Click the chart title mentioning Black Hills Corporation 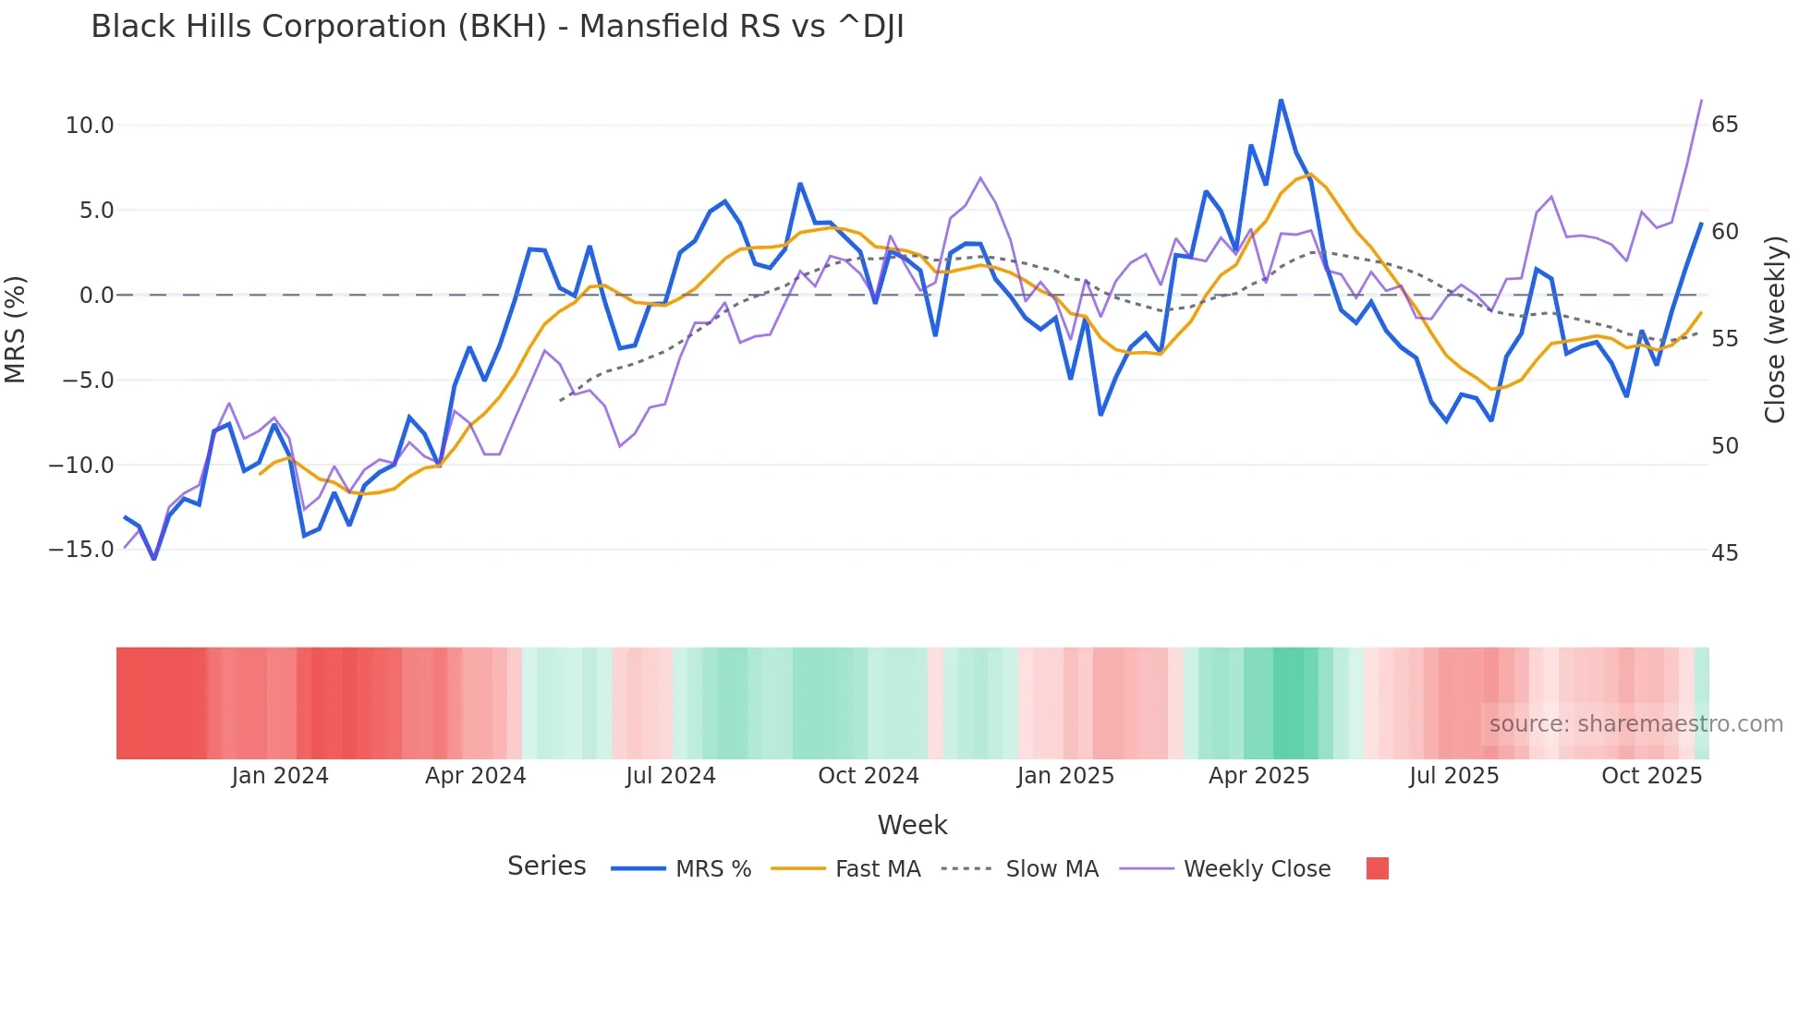[x=497, y=27]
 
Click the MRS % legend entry [x=712, y=869]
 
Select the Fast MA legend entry [x=877, y=869]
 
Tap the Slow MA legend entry [x=1051, y=869]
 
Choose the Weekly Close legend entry [x=1257, y=869]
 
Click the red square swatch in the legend [x=1377, y=868]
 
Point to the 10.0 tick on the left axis [x=90, y=126]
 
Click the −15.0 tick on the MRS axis [x=81, y=550]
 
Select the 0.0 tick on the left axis [x=96, y=296]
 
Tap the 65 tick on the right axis [x=1724, y=125]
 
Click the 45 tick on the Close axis [x=1724, y=553]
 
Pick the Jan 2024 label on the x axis [x=280, y=776]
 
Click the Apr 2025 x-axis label [x=1258, y=776]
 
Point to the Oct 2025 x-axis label [x=1651, y=776]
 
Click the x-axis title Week [x=912, y=825]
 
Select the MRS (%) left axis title [x=16, y=330]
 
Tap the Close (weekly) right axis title [x=1774, y=330]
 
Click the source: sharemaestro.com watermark [x=1635, y=724]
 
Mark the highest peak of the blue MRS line [x=1281, y=100]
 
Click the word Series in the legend [x=546, y=867]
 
